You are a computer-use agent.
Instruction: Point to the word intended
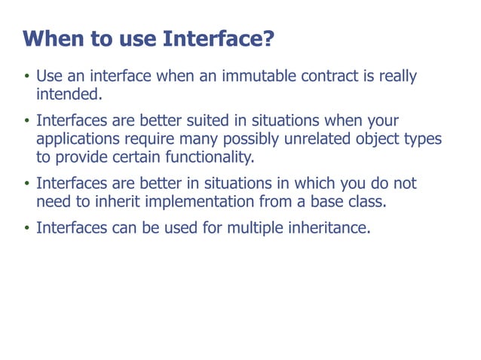pos(69,95)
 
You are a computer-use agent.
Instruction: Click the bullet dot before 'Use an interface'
pos(26,78)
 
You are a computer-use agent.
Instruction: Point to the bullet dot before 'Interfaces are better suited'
pos(26,121)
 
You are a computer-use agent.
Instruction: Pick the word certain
pos(136,157)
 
